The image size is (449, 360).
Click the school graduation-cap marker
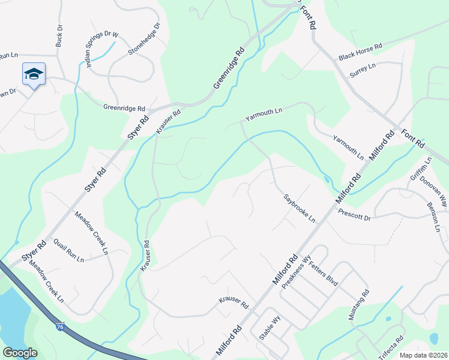point(33,74)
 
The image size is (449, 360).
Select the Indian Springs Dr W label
point(101,48)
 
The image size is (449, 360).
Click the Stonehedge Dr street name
point(145,40)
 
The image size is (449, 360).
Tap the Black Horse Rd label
point(360,52)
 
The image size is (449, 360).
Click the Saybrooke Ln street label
point(300,207)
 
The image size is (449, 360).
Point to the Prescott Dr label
point(354,214)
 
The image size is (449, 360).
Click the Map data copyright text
point(423,355)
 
